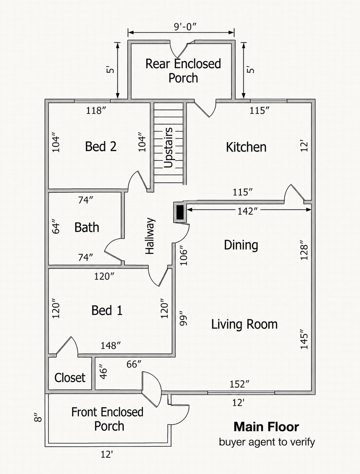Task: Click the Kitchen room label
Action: (x=246, y=147)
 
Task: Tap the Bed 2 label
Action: (x=101, y=146)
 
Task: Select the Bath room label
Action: (x=87, y=227)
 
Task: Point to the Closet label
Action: (x=70, y=377)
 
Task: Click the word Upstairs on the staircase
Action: (x=168, y=148)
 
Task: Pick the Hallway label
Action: (x=150, y=236)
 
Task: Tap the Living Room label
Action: (x=244, y=324)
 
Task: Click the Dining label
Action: (x=241, y=245)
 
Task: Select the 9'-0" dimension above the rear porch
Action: (x=185, y=27)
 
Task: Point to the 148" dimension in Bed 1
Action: (x=111, y=346)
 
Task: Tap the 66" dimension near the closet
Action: (x=134, y=364)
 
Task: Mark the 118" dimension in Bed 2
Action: (x=96, y=111)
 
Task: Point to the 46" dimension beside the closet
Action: (x=103, y=372)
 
